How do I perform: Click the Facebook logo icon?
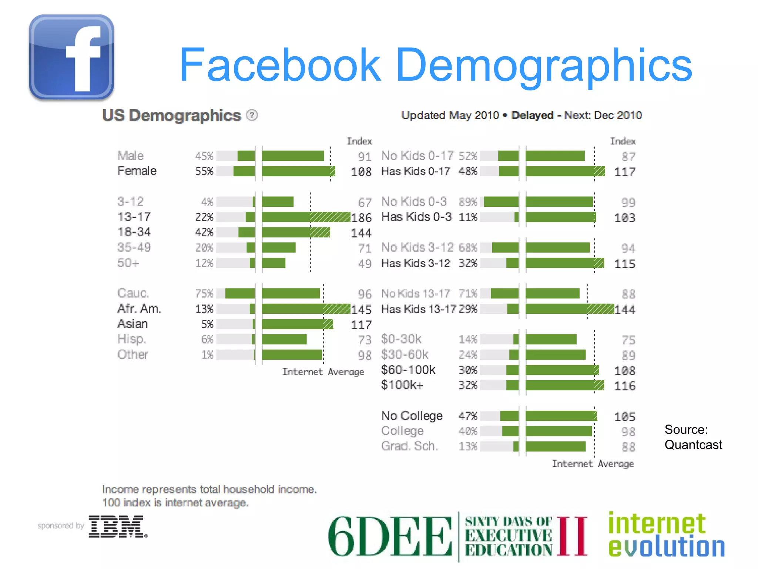tap(71, 57)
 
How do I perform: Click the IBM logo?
tap(117, 526)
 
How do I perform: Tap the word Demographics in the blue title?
tap(544, 65)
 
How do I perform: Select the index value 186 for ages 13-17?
tap(361, 217)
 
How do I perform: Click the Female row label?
tap(137, 171)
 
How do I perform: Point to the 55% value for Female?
tap(204, 172)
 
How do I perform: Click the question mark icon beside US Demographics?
tap(252, 116)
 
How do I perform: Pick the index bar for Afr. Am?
tap(306, 309)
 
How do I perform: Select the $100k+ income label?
tap(402, 385)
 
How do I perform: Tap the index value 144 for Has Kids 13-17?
tap(625, 309)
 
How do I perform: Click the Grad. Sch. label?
tap(410, 446)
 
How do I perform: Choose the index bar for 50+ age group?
tap(274, 263)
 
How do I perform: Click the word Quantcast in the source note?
tap(693, 445)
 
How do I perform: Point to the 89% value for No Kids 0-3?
tap(468, 202)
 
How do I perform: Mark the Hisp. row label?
tap(132, 339)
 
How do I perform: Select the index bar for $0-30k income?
tap(551, 339)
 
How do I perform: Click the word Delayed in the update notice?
tap(532, 116)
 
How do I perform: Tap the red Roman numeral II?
tap(572, 536)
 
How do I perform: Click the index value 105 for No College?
tap(625, 417)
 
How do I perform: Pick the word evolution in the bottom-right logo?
tap(667, 547)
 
